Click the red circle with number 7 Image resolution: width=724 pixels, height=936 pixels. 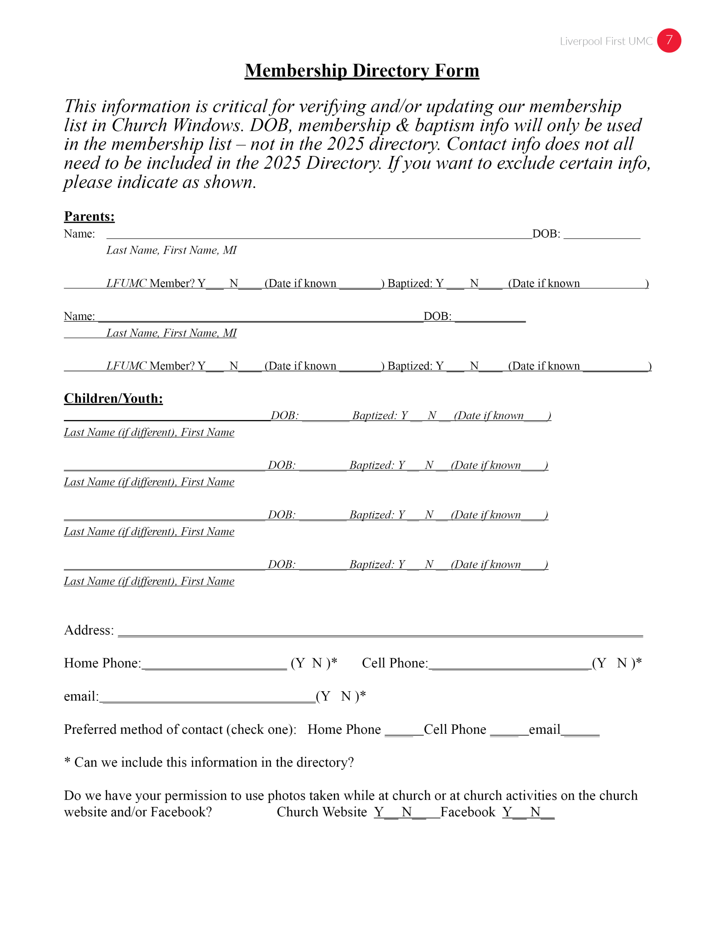(668, 41)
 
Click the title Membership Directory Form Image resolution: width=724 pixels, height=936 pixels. (362, 71)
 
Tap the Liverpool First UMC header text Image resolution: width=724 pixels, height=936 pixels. (606, 41)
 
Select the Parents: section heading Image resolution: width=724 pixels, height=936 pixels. (89, 217)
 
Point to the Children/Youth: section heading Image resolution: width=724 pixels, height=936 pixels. (113, 399)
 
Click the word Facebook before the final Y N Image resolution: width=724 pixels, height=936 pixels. (467, 812)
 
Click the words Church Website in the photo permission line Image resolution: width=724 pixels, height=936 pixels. (322, 812)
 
